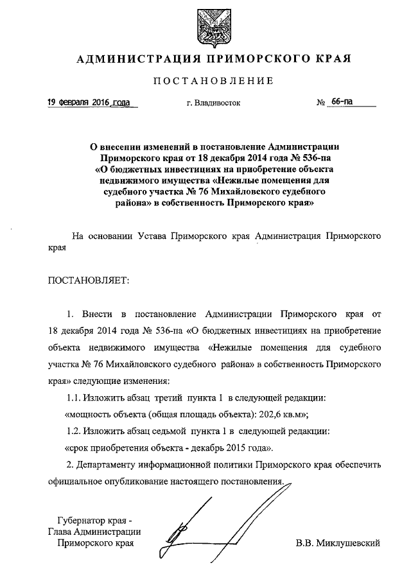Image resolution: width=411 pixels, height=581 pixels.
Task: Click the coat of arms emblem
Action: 214,26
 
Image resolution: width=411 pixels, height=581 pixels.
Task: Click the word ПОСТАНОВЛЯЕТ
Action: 89,280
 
